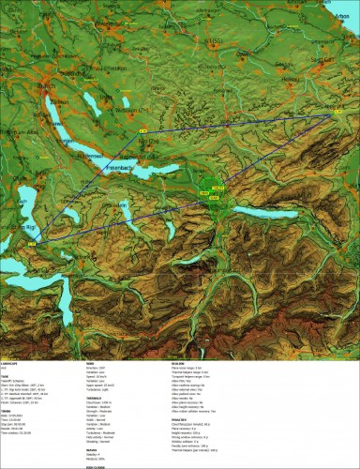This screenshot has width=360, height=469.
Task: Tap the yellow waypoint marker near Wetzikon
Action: tap(143, 129)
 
